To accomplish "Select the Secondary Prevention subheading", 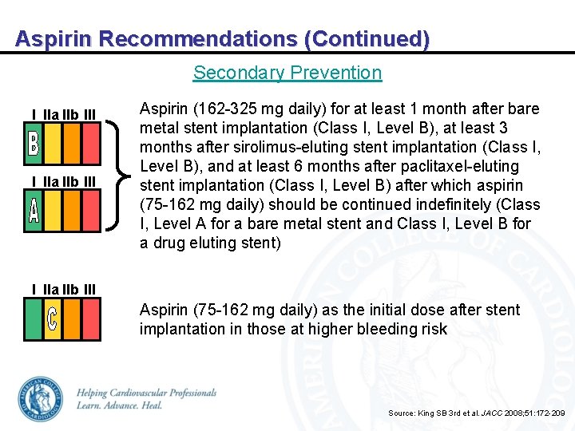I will click(x=287, y=73).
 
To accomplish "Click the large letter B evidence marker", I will click(x=34, y=144).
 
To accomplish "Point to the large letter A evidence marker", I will click(x=34, y=211).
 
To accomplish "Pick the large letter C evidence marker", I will click(x=52, y=319).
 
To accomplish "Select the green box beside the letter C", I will click(x=34, y=319).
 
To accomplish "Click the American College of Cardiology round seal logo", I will click(x=40, y=399).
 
